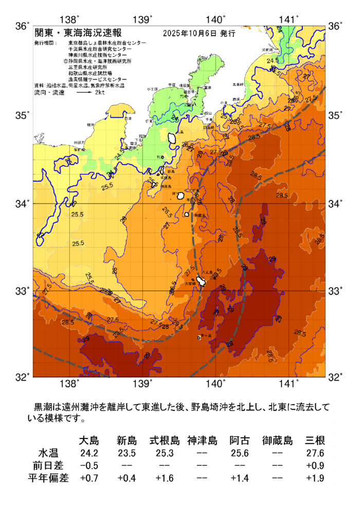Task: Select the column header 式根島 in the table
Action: tap(165, 441)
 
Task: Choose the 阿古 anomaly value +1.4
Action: tap(239, 479)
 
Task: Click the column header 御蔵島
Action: tap(277, 441)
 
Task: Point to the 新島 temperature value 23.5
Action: tap(127, 453)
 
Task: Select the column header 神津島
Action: tap(202, 441)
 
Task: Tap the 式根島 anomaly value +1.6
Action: tap(165, 479)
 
